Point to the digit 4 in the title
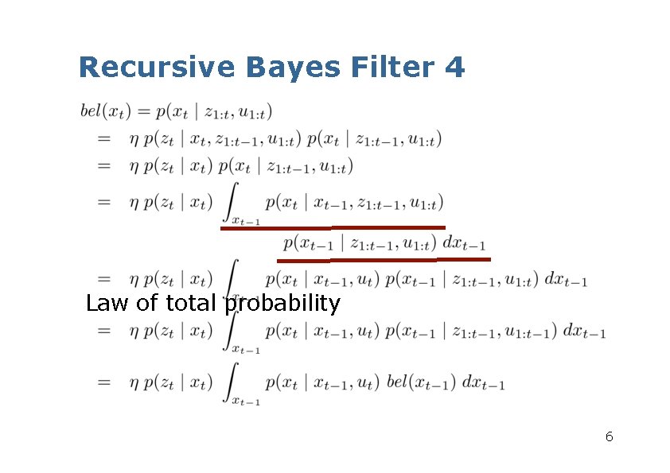click(x=455, y=67)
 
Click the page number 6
click(x=609, y=436)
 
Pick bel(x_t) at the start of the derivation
click(x=106, y=110)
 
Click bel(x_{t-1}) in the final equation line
click(x=422, y=383)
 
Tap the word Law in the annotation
click(x=106, y=304)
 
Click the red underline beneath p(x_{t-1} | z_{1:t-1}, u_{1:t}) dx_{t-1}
click(x=384, y=260)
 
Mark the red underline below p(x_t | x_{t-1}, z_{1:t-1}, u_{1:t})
click(x=332, y=228)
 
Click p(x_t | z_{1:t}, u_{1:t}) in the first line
click(x=216, y=110)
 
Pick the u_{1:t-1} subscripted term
click(x=532, y=332)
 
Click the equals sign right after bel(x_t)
click(x=144, y=110)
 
